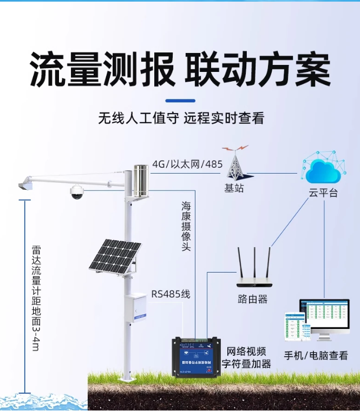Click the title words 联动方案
[x=258, y=70]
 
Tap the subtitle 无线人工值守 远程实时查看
[x=181, y=118]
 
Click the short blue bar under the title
[x=180, y=101]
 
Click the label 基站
[x=235, y=188]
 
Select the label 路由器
[x=253, y=299]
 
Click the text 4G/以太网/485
[x=187, y=164]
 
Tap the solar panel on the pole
[x=115, y=256]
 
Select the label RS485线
[x=171, y=294]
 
